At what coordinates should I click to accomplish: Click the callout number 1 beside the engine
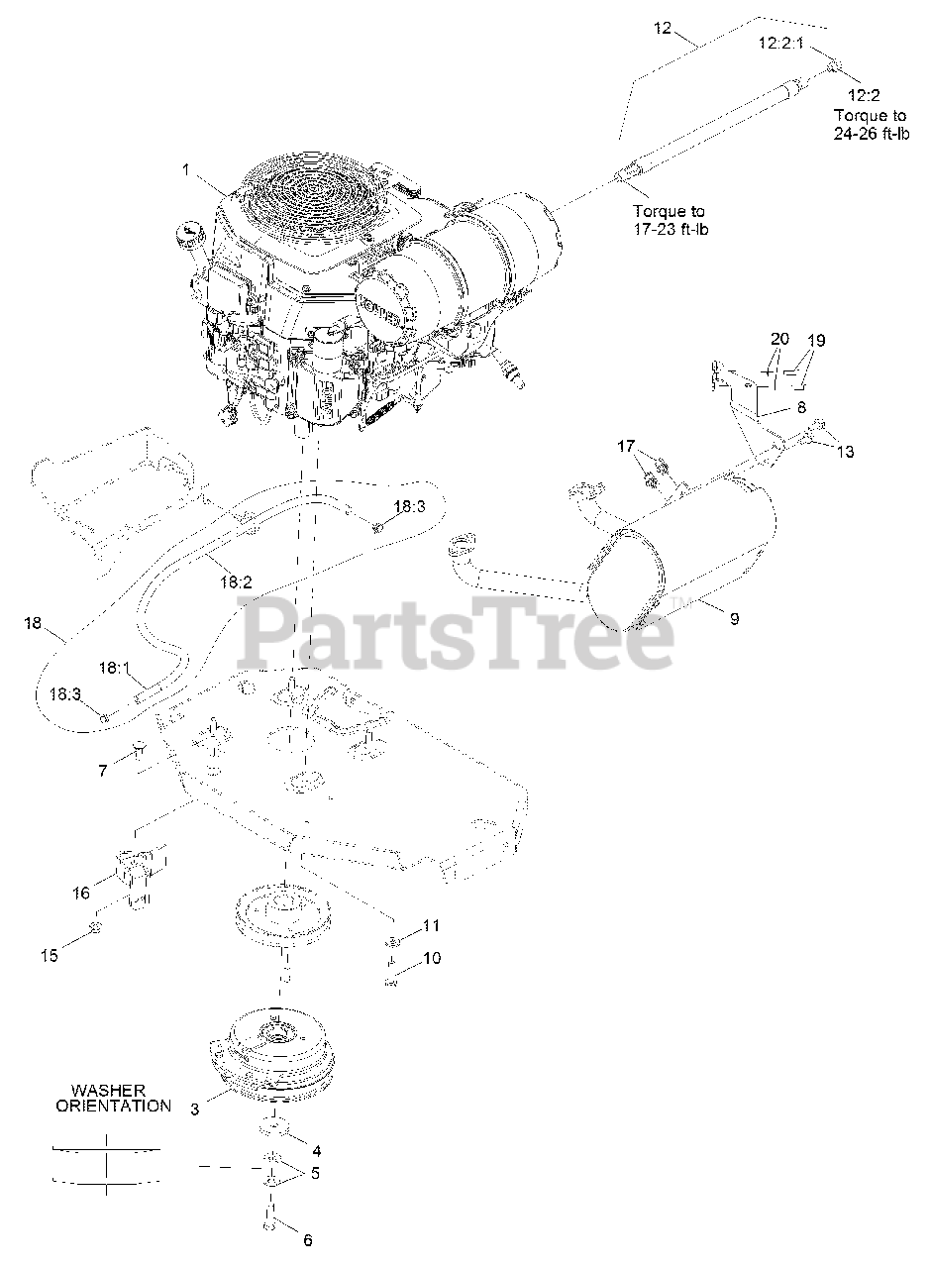tap(184, 169)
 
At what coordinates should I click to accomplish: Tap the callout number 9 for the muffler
tap(734, 619)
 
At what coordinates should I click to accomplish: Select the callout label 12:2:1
tap(782, 43)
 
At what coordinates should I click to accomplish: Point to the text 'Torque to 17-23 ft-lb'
tap(671, 220)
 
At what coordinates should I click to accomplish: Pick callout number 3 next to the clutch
tap(195, 1109)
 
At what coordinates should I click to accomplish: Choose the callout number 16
tap(79, 894)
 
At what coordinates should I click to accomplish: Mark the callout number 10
tap(431, 958)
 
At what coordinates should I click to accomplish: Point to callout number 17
tap(626, 447)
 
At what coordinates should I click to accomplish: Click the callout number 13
tap(844, 452)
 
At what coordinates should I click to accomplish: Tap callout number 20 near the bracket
tap(778, 339)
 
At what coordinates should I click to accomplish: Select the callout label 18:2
tap(234, 582)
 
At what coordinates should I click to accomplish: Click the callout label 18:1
tap(114, 668)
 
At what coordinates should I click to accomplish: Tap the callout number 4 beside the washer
tap(316, 1151)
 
